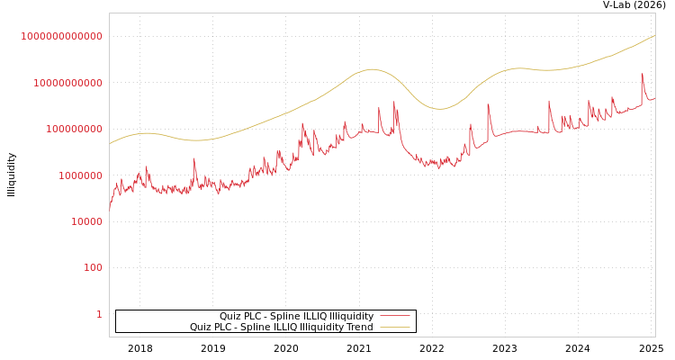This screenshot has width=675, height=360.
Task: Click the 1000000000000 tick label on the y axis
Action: [x=61, y=36]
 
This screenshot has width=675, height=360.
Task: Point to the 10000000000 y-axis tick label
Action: [x=67, y=83]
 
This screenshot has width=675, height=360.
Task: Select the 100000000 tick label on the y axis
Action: [x=73, y=130]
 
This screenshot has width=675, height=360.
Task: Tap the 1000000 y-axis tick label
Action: [x=78, y=175]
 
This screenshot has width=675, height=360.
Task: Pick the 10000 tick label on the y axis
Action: [x=84, y=221]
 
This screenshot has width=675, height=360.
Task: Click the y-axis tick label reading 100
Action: [x=93, y=268]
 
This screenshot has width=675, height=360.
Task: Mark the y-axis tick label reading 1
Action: [x=99, y=314]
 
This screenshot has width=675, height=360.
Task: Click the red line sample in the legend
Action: [x=394, y=317]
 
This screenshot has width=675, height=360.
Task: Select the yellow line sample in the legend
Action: [x=394, y=328]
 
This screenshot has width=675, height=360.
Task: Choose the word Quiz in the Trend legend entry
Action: [x=200, y=328]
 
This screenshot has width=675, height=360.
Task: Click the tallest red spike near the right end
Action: [x=642, y=75]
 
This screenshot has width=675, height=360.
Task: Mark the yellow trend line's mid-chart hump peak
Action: [x=371, y=69]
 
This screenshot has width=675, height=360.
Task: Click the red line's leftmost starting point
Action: [x=110, y=209]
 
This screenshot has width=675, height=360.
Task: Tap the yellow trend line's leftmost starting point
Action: [x=110, y=143]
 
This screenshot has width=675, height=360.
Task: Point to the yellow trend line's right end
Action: [x=654, y=36]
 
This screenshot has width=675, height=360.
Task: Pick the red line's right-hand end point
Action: [x=654, y=98]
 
